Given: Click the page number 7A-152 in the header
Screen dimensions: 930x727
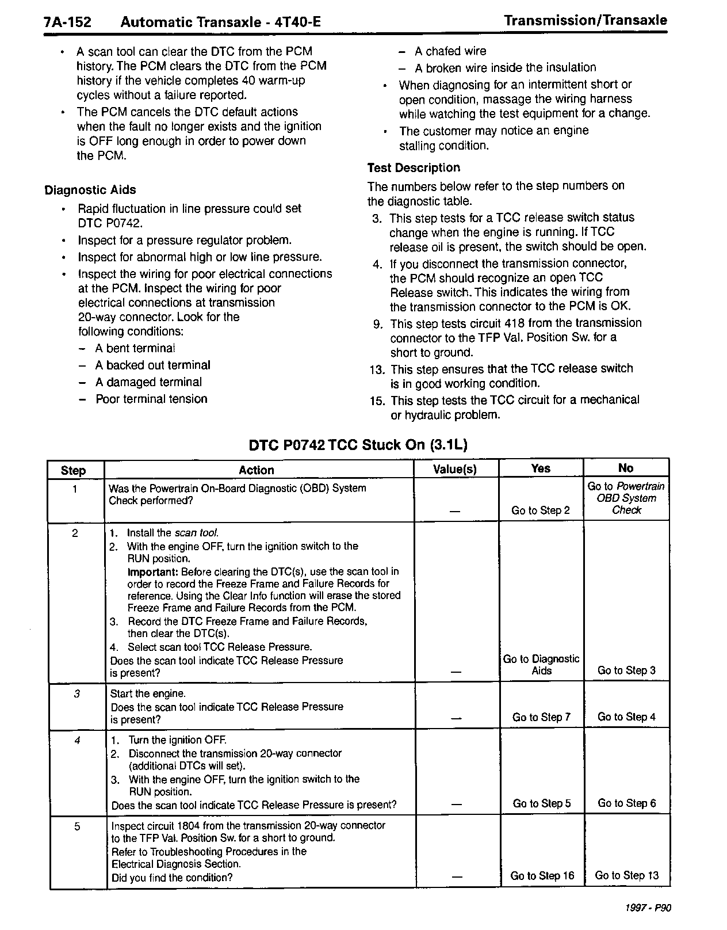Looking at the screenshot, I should [68, 22].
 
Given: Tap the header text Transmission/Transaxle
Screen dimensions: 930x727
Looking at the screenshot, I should [586, 21].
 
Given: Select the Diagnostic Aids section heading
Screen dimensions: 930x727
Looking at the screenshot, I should [90, 190].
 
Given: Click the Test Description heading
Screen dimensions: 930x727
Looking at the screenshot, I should [414, 168].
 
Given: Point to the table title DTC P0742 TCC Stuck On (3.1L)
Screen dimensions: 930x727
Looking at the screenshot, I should [358, 445].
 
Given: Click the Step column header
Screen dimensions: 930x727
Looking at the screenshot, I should [74, 470].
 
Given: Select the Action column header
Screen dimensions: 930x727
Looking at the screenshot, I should [257, 470].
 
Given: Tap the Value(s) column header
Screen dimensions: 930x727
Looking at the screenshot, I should [455, 469].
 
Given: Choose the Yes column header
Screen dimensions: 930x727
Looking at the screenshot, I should [541, 468].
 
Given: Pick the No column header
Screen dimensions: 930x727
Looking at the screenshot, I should [626, 468].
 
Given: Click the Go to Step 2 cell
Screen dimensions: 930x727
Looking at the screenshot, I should [541, 510].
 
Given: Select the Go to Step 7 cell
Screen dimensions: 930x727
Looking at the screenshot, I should [541, 717].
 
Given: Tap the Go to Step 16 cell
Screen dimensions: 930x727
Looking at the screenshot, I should [542, 876].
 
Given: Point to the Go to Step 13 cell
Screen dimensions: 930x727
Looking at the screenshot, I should [626, 875].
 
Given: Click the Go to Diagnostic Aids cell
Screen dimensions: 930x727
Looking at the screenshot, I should [541, 665].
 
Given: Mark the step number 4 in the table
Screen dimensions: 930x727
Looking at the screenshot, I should [77, 741].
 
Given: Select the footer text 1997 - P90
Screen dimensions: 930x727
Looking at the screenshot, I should [648, 908].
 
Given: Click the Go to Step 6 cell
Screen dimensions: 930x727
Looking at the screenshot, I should [626, 803].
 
